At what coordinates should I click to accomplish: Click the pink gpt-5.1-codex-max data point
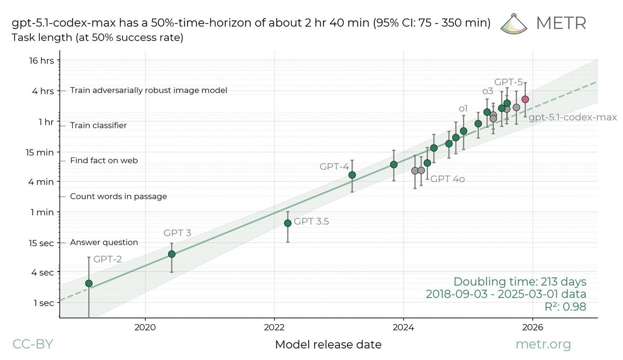click(x=525, y=99)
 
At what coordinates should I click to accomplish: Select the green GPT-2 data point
click(x=89, y=283)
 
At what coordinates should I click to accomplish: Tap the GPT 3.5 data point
click(x=288, y=223)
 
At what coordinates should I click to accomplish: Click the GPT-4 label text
click(x=334, y=166)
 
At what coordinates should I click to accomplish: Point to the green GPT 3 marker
click(x=172, y=254)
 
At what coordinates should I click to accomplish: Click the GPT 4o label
click(x=447, y=179)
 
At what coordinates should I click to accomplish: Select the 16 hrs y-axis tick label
click(x=42, y=61)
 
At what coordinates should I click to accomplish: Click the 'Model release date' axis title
click(x=328, y=344)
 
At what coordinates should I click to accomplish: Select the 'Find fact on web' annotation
click(x=104, y=161)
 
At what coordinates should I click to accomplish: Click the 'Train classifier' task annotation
click(x=98, y=126)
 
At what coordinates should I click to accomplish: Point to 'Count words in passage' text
click(x=118, y=196)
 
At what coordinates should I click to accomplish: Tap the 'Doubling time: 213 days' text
click(x=520, y=282)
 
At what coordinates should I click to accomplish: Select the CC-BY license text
click(x=32, y=344)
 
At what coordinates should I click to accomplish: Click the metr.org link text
click(x=543, y=344)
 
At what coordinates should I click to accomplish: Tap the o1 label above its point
click(x=463, y=109)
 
